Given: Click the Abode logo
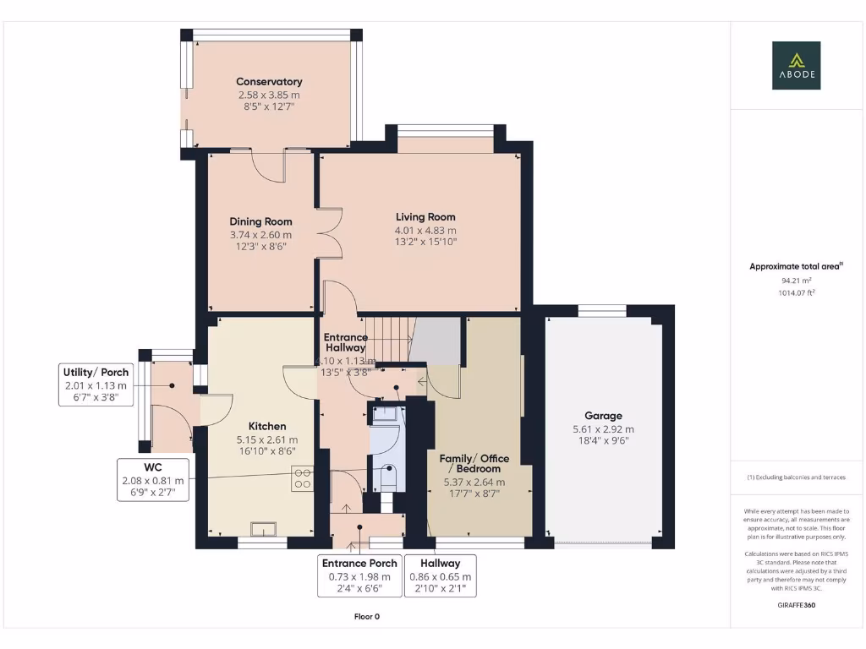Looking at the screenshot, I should pos(795,66).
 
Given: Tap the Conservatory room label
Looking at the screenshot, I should pos(269,82).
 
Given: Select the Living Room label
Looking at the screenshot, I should pos(425,217).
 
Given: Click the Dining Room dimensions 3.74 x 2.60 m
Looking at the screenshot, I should pos(260,235).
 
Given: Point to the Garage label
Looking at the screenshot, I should pos(603,416).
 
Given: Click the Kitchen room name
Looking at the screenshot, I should pos(266,427).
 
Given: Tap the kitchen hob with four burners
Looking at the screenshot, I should pos(302,479).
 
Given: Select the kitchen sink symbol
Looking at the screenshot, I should pos(263,530).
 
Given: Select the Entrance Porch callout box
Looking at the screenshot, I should pos(359,575).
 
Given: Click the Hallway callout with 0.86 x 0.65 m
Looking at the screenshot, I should pos(440,575).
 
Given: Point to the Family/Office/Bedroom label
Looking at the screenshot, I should pos(474,463).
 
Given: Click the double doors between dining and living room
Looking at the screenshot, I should pos(330,232).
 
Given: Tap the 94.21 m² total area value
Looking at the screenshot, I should pos(796,280).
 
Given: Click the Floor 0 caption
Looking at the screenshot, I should pos(366,616).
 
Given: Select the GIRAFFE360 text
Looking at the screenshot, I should pos(795,605).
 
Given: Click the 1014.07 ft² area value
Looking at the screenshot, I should pos(796,292).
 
